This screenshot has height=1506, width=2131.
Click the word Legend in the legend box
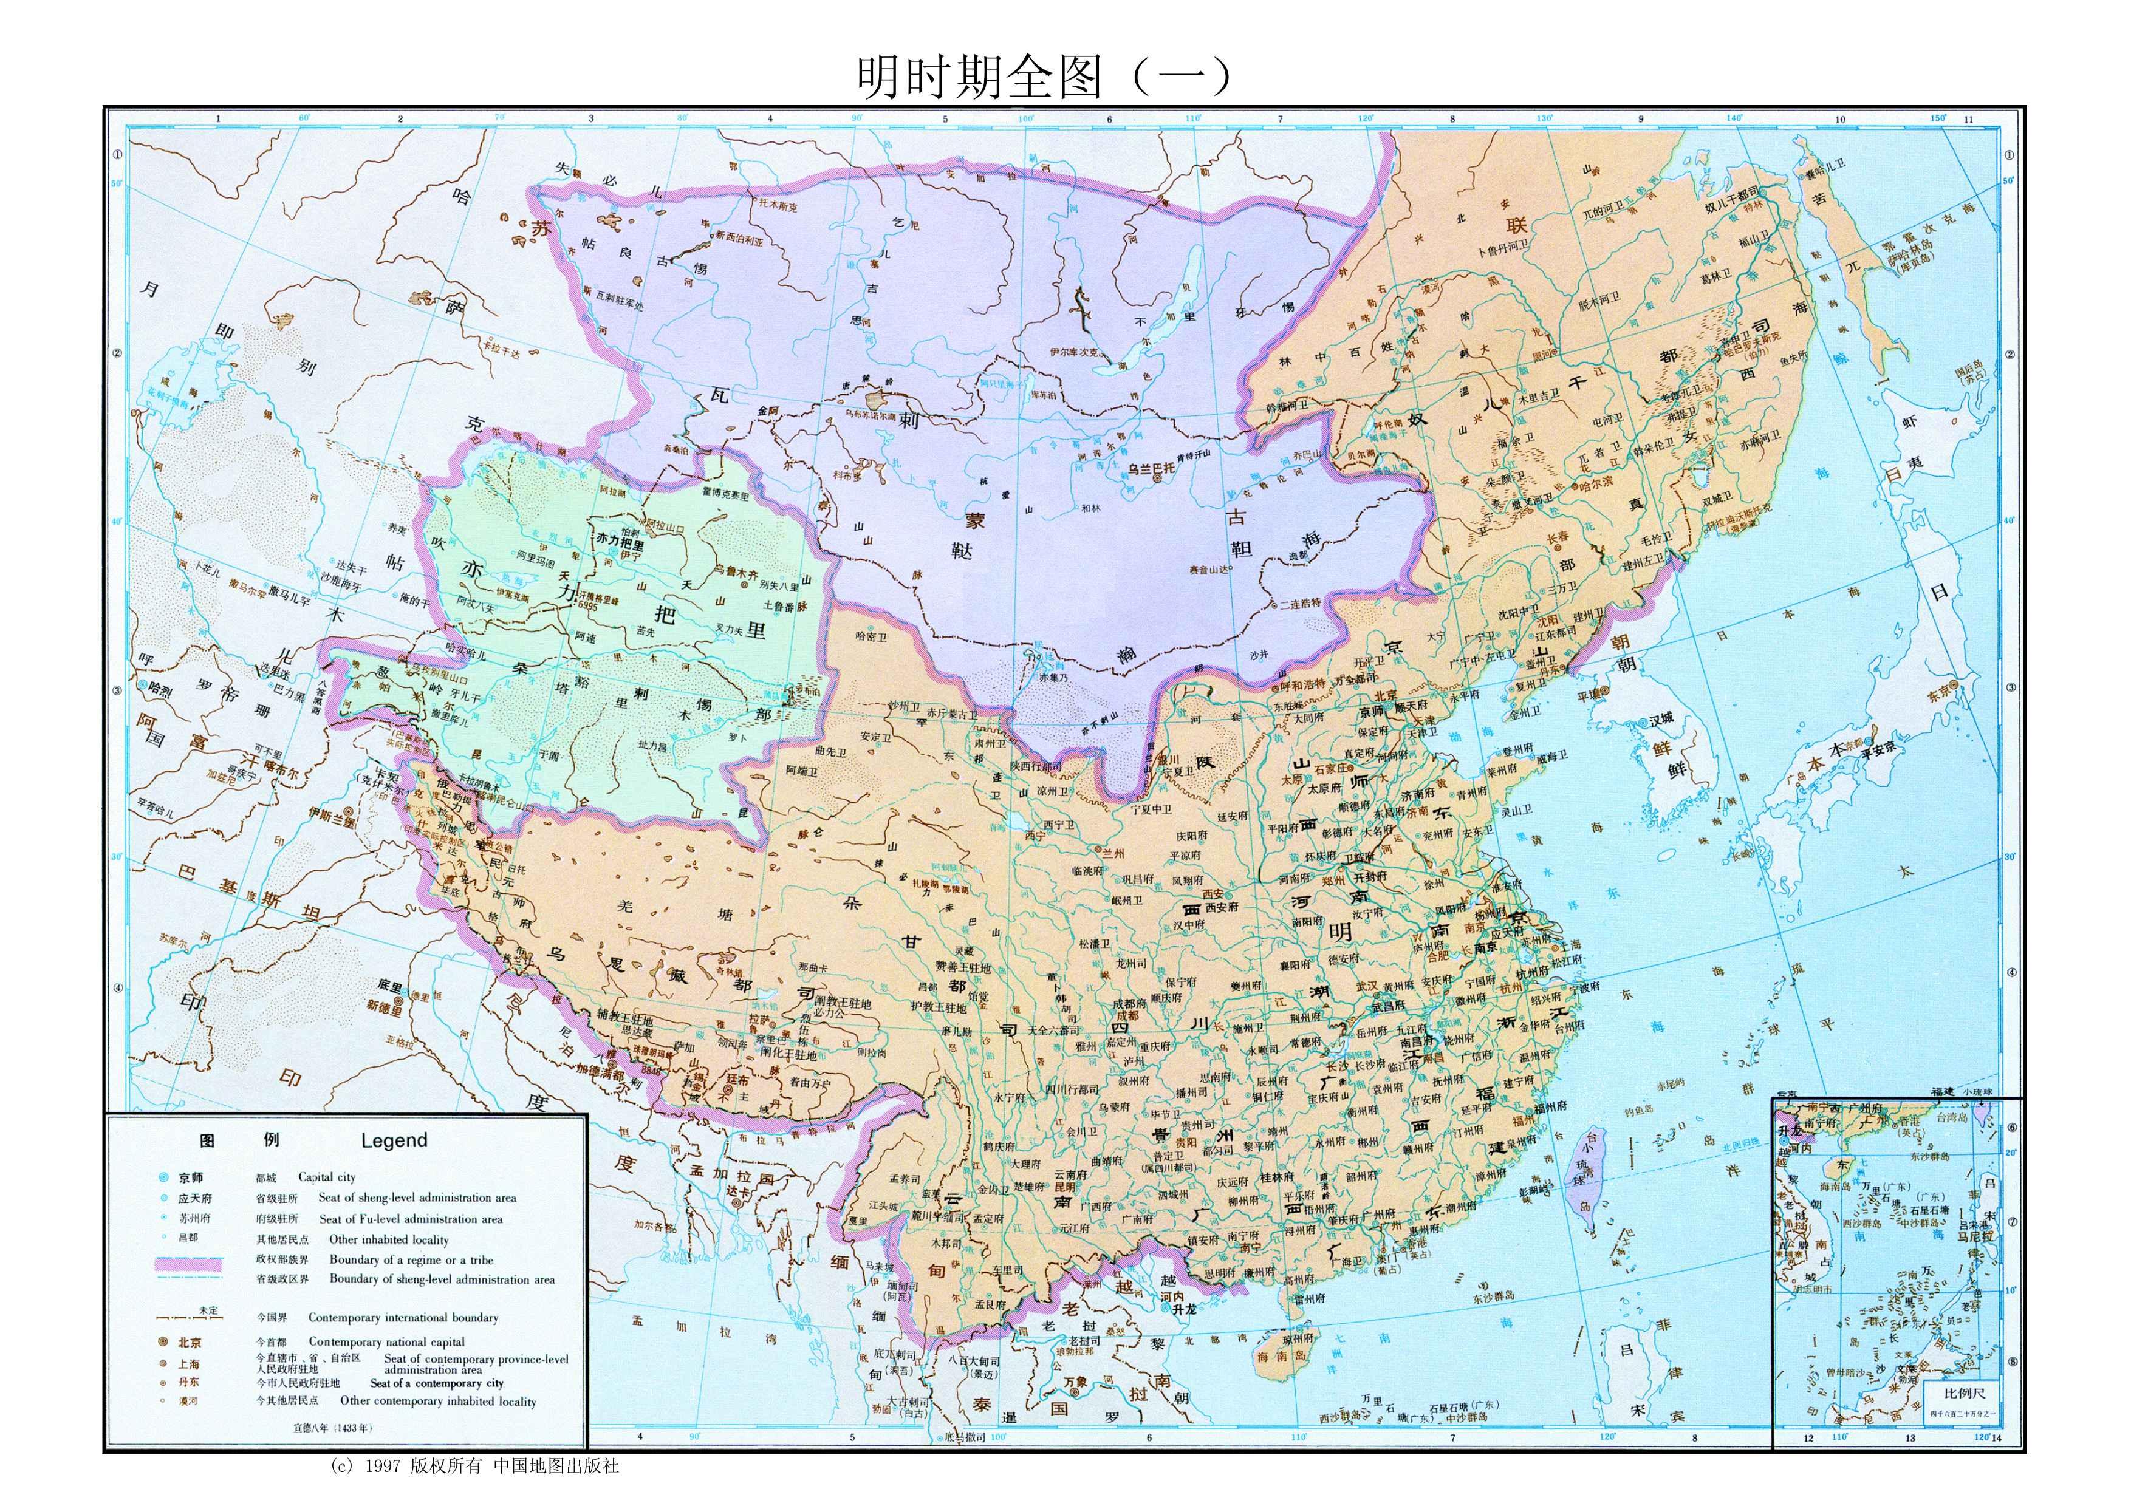pyautogui.click(x=394, y=1140)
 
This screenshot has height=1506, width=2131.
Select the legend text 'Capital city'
pyautogui.click(x=327, y=1177)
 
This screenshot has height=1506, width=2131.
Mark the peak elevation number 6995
pyautogui.click(x=587, y=604)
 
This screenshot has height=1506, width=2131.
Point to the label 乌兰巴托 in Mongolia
pyautogui.click(x=1151, y=469)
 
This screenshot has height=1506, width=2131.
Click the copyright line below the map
pyautogui.click(x=473, y=1466)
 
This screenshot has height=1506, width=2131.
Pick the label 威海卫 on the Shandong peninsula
pyautogui.click(x=1550, y=755)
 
